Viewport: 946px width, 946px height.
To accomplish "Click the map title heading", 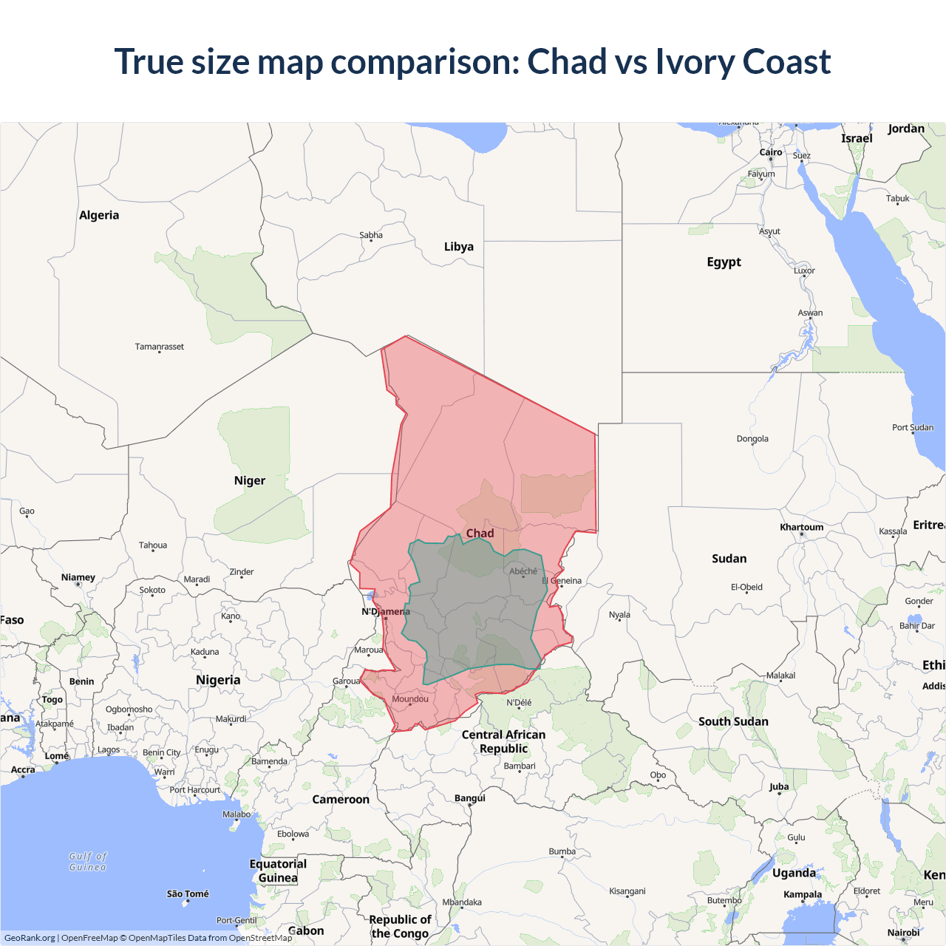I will point(473,61).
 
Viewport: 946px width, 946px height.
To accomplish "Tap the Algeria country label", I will point(99,215).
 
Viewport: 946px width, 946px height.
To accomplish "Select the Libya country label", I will point(458,247).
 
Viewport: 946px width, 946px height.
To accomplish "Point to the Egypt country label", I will point(724,262).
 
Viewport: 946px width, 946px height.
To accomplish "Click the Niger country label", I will point(249,480).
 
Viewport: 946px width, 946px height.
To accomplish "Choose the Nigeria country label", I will point(218,680).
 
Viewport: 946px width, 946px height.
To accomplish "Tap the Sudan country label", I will point(729,559).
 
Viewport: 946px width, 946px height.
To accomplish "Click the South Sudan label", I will point(733,721).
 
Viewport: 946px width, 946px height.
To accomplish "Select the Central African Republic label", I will point(503,741).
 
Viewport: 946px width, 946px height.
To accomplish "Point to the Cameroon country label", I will point(341,800).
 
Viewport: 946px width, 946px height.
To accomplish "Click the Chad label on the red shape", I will point(480,534).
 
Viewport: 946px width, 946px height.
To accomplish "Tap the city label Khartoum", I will point(801,527).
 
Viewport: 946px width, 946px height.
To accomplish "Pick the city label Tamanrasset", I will point(160,347).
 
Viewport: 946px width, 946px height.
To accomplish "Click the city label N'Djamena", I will point(385,612).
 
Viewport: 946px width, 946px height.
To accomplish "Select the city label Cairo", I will point(771,152).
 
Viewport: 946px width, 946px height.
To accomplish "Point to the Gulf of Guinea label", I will point(88,862).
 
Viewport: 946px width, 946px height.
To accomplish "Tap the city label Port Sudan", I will point(912,427).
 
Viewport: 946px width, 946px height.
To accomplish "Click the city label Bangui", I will point(470,798).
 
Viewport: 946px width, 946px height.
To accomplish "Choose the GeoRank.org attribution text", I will point(30,938).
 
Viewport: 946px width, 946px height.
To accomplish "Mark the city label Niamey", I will point(78,577).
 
